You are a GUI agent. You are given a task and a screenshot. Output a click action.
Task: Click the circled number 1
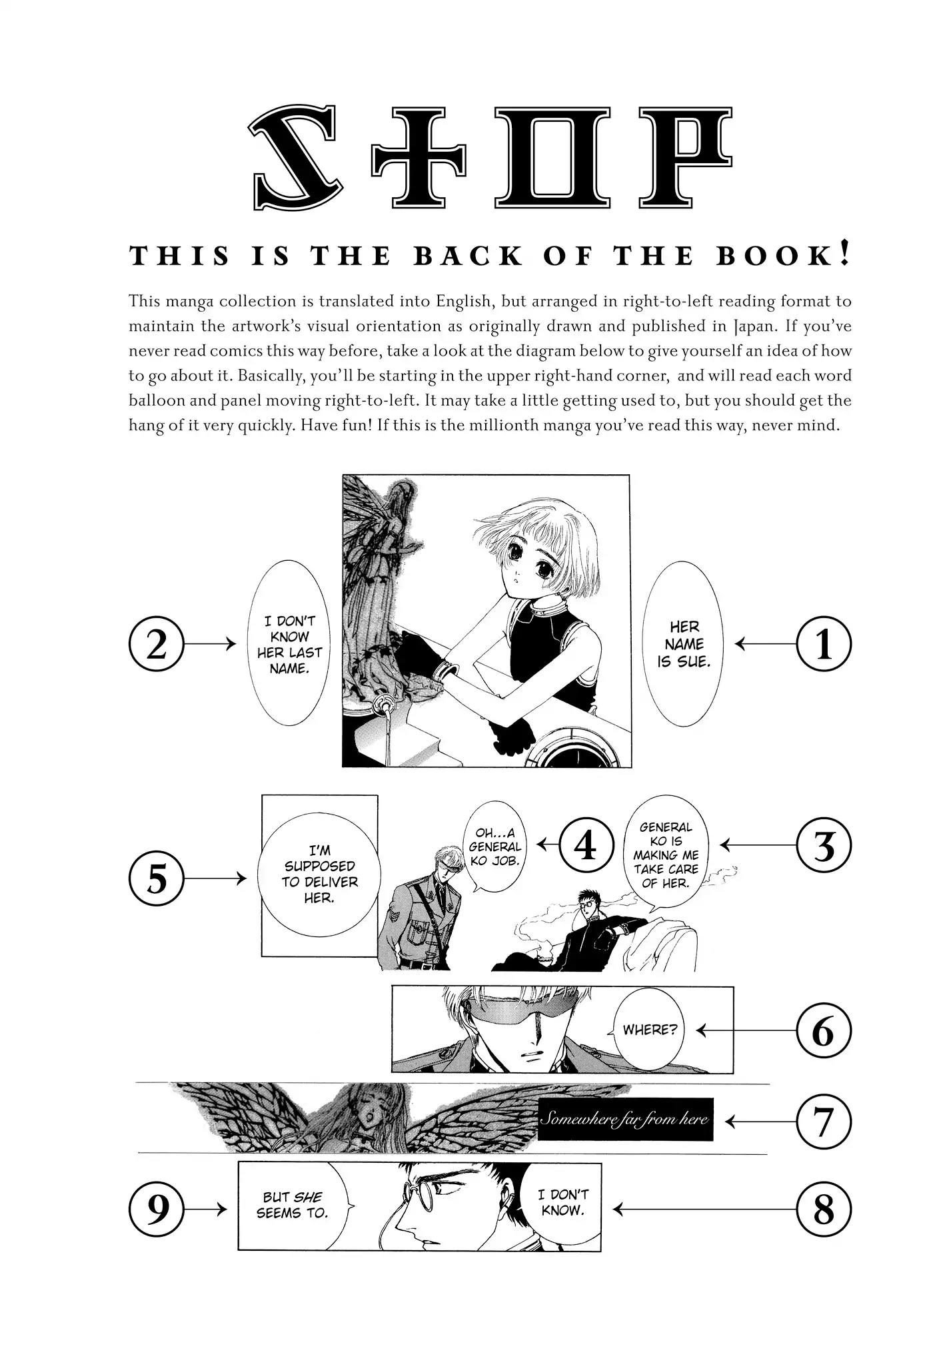[824, 644]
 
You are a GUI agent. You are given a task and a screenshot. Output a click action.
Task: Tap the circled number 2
[156, 645]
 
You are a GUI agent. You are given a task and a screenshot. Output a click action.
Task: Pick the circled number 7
[824, 1122]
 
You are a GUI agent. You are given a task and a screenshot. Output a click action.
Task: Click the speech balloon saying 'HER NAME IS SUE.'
[684, 643]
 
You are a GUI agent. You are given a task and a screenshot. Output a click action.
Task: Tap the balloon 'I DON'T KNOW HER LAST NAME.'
[289, 643]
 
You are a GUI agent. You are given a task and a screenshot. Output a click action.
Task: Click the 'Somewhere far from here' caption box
[625, 1119]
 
